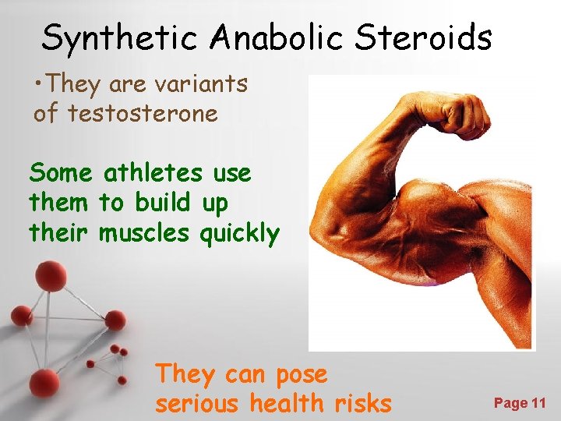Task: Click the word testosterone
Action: (143, 114)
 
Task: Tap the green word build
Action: (162, 203)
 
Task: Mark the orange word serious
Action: (199, 404)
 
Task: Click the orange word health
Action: (287, 403)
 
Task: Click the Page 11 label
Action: (520, 403)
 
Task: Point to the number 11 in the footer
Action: (538, 403)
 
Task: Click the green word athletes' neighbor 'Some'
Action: (61, 173)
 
